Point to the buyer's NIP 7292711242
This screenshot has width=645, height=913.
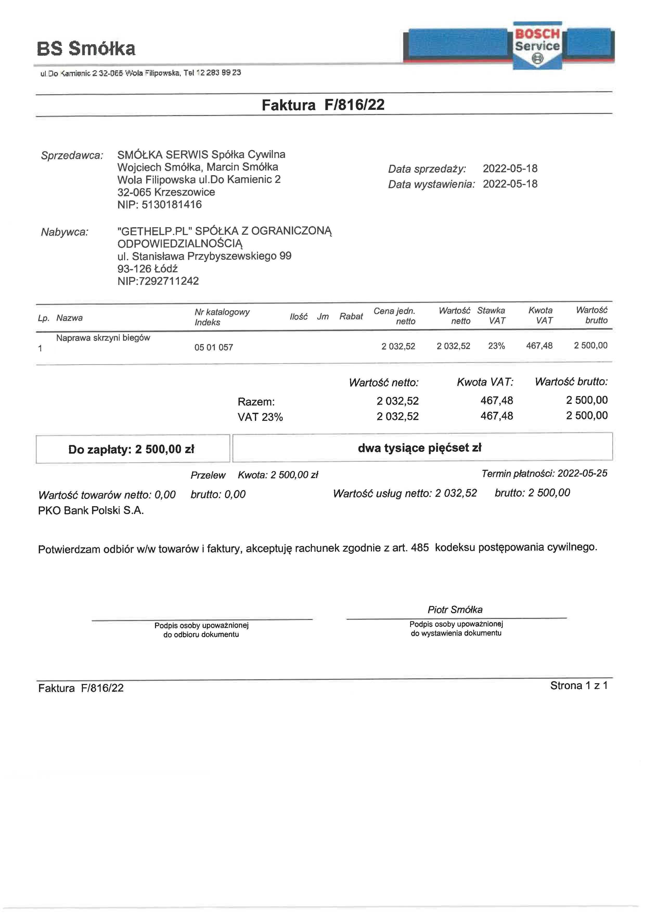tap(169, 281)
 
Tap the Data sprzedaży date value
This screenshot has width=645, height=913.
tap(510, 169)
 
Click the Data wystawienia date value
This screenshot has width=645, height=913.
tap(510, 184)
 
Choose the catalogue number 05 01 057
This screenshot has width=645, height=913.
tap(214, 347)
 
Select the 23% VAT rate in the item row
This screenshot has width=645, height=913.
tap(496, 346)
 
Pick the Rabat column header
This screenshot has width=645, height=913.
tap(351, 316)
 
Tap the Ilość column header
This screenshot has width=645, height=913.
tap(299, 316)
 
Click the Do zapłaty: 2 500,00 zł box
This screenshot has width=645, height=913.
tap(132, 449)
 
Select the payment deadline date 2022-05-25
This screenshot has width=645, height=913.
tap(582, 473)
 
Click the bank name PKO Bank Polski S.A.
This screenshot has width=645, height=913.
tap(91, 511)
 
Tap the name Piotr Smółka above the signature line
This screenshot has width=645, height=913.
tap(455, 610)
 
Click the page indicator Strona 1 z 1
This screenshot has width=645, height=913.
tap(579, 686)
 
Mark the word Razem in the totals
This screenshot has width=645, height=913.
tap(256, 402)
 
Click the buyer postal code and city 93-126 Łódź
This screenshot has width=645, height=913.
tap(147, 269)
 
